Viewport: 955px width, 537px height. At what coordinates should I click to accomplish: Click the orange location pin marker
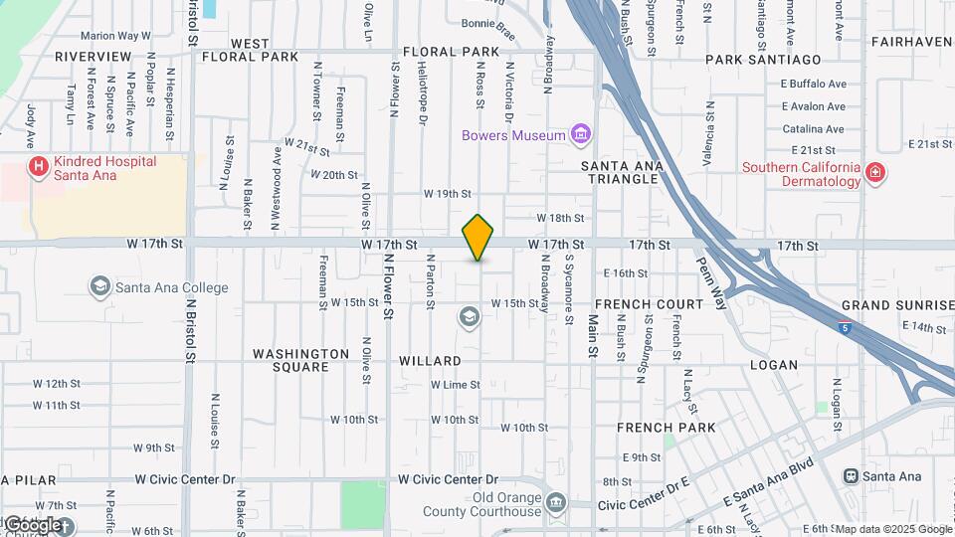click(478, 238)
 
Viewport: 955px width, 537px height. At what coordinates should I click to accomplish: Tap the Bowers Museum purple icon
click(581, 134)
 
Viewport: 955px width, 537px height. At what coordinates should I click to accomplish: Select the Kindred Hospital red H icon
click(39, 165)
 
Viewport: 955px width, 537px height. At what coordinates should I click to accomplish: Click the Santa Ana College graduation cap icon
click(99, 287)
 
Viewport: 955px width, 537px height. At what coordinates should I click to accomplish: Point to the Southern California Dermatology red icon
click(874, 173)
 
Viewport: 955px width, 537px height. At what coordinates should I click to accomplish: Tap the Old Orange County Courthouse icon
click(555, 504)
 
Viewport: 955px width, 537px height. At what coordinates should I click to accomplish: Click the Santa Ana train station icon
click(851, 476)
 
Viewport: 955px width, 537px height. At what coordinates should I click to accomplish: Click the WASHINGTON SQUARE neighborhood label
click(300, 360)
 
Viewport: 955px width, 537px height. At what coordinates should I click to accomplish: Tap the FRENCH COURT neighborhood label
click(649, 304)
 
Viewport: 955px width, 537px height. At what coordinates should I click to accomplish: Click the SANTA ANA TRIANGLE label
click(621, 172)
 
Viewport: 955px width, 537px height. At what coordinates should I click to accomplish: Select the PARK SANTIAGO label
click(763, 60)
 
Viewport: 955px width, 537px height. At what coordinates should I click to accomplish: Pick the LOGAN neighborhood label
click(774, 365)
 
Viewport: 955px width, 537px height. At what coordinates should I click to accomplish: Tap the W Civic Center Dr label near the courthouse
click(448, 479)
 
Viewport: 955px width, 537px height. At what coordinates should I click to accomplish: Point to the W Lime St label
click(456, 385)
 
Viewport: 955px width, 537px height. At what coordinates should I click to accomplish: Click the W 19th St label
click(447, 194)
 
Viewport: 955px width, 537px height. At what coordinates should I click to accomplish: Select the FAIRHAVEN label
click(911, 42)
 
